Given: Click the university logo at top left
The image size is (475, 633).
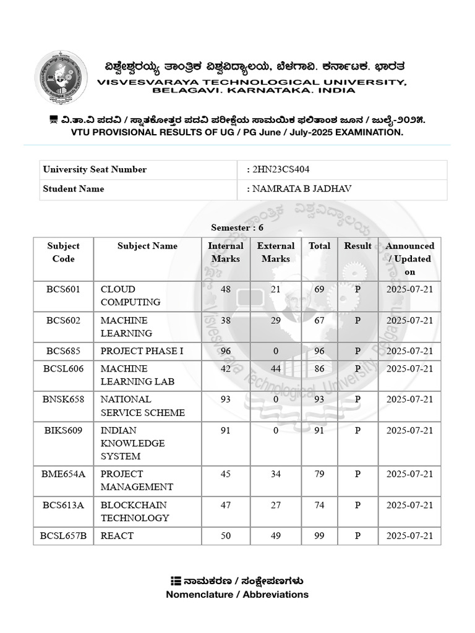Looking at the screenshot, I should pos(61,77).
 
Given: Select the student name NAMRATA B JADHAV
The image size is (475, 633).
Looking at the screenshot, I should pos(302,189).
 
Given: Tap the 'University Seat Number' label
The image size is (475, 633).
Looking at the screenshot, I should pos(95,169).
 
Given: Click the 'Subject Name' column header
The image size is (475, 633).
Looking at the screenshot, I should pos(147,246).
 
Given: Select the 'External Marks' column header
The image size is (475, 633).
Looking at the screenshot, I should pos(276,252).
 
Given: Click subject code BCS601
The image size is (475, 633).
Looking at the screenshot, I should pos(63,289).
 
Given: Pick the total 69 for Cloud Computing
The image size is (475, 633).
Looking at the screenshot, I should pos(319,289).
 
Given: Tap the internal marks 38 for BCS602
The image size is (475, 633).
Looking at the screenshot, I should pos(225,320).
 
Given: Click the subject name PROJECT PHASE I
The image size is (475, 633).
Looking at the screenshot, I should pos(142,351).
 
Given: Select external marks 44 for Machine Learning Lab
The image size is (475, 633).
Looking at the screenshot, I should pos(276,368).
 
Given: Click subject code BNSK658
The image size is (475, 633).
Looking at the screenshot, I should pos(63,399).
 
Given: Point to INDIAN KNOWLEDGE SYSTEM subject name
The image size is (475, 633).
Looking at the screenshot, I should pos(132,443).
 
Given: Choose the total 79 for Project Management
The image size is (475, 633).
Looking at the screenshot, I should pos(319,474).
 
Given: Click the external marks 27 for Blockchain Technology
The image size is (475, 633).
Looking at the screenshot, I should pos(276,505).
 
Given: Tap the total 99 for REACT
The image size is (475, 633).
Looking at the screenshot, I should pos(319,536).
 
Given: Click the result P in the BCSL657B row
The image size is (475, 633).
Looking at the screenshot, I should pos(357,536).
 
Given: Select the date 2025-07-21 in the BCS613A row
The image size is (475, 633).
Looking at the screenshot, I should pos(409,505).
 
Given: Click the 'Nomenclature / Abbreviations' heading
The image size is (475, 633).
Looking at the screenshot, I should pos(237,595).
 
